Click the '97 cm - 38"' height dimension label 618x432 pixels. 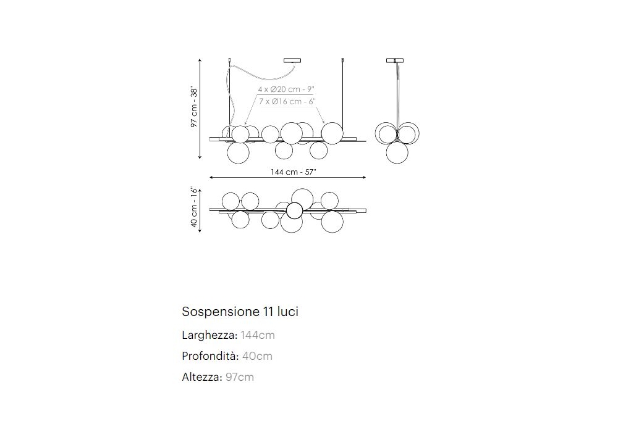194,107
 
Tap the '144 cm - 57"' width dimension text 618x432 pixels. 293,172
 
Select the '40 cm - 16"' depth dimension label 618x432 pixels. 194,207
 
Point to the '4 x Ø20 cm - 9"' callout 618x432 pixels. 286,89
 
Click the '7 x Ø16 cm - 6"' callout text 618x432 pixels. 287,101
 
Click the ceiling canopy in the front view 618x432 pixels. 292,60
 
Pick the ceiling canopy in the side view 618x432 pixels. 394,60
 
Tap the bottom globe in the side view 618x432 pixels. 397,152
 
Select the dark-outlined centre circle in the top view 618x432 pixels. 294,210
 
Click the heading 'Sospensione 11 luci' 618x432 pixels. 240,312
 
